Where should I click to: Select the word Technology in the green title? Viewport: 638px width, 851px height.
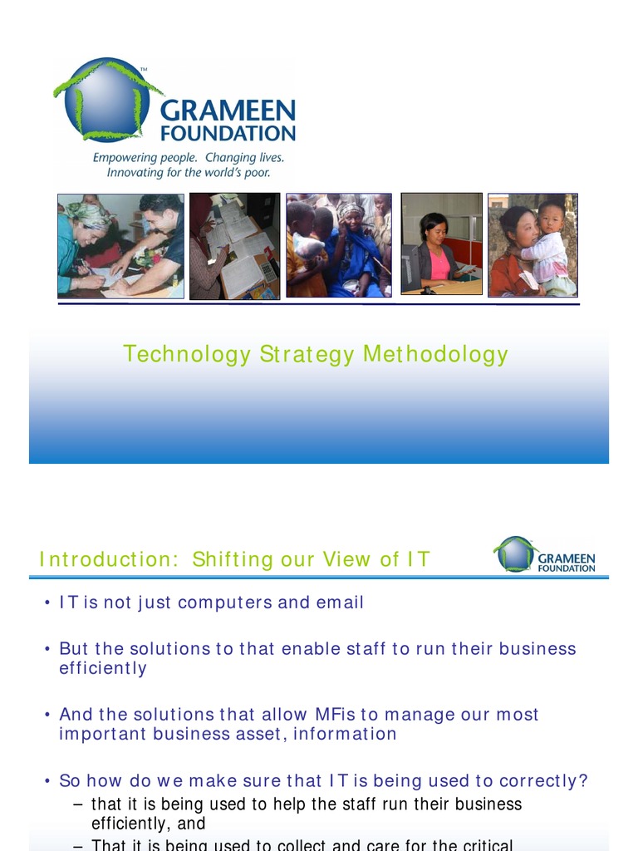[186, 355]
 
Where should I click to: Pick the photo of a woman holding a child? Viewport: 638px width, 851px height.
[532, 245]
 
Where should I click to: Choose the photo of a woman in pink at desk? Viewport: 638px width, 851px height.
[441, 243]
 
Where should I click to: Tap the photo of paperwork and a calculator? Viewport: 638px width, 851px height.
[234, 246]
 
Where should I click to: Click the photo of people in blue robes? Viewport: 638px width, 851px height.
[338, 245]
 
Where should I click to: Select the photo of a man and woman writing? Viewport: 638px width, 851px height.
[120, 245]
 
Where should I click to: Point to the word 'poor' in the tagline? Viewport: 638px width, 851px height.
[258, 173]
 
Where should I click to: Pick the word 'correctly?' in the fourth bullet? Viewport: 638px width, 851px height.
[546, 781]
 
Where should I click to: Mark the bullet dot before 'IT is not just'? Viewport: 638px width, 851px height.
[47, 603]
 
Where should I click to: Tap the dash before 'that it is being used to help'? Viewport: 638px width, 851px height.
[78, 804]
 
